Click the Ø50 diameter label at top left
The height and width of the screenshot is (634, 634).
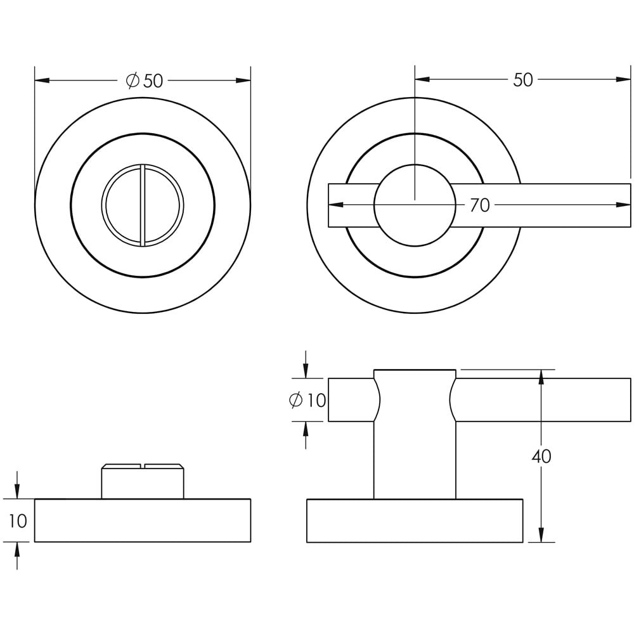click(x=145, y=81)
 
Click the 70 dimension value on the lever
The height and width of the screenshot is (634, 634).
click(x=479, y=205)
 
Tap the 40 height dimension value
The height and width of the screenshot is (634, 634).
click(x=541, y=456)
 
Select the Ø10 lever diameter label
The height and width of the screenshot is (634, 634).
click(x=307, y=400)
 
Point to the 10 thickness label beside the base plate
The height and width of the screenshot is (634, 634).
click(x=18, y=521)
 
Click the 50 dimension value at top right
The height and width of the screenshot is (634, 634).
click(x=522, y=80)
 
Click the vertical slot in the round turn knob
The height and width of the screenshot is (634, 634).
click(x=143, y=205)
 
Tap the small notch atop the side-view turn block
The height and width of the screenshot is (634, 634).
click(x=143, y=467)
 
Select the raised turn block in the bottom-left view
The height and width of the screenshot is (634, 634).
click(x=143, y=483)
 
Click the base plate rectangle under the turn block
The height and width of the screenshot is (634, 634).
click(x=143, y=521)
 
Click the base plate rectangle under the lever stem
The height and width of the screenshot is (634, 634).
click(x=415, y=521)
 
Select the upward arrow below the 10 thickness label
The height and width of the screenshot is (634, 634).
click(x=17, y=550)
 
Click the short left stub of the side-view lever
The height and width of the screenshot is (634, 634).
click(x=351, y=400)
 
